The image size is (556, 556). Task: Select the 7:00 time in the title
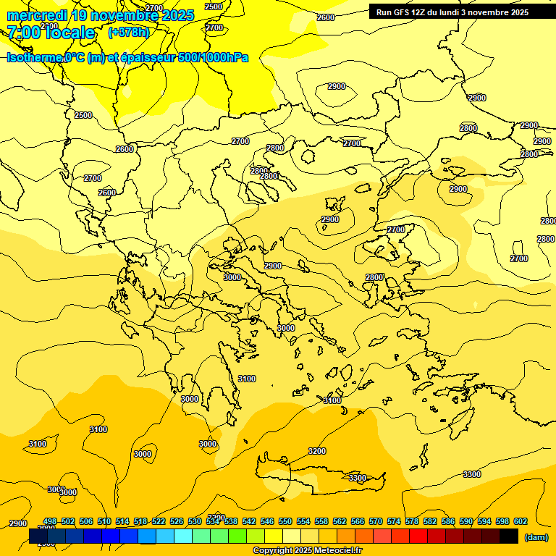coord(22,33)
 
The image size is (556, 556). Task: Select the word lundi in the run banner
coord(459,12)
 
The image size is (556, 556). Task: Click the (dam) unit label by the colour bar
coord(536,537)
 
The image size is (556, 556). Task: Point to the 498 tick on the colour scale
coord(50,521)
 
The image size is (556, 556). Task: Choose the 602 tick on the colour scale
coord(521,521)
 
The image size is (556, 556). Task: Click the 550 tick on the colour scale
coord(285,521)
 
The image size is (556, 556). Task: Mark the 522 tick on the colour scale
coord(159,521)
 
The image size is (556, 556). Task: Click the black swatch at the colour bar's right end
coord(509,536)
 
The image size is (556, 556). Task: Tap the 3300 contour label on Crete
coord(357,478)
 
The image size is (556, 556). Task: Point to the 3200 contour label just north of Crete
coord(317,451)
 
